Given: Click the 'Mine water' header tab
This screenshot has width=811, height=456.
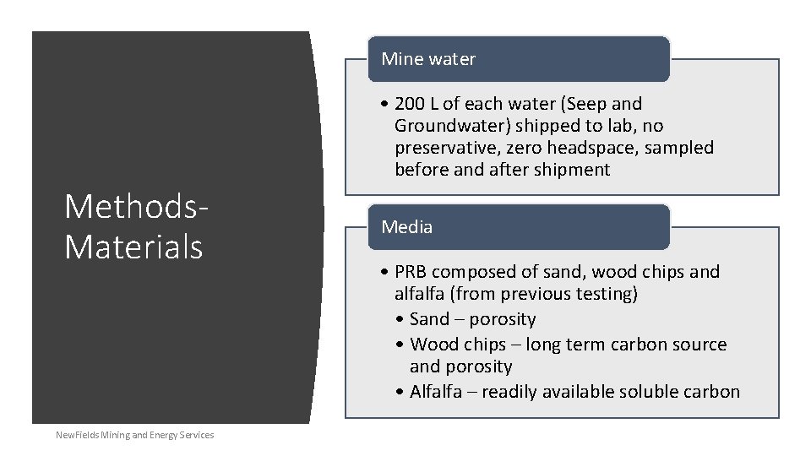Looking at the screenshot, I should click(x=428, y=59).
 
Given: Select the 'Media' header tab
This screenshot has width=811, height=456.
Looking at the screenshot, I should click(x=407, y=227).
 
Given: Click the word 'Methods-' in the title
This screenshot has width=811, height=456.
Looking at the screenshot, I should click(x=136, y=206).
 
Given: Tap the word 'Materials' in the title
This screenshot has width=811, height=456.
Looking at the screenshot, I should click(x=133, y=247).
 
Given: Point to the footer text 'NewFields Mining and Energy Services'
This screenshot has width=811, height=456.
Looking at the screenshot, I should click(x=134, y=435).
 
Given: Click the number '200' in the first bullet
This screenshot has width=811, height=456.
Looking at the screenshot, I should click(x=410, y=104).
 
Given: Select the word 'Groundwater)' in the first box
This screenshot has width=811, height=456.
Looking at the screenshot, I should click(x=444, y=126).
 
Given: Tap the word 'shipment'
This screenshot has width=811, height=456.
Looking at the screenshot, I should click(x=573, y=170).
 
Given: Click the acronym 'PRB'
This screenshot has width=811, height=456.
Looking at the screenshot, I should click(x=411, y=272).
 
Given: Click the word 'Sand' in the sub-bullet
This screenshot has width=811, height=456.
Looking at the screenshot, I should click(x=429, y=319).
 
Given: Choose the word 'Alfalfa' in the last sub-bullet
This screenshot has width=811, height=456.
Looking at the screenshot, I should click(x=438, y=392).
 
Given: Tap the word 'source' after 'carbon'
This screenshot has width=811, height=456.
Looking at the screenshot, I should click(x=699, y=345).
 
